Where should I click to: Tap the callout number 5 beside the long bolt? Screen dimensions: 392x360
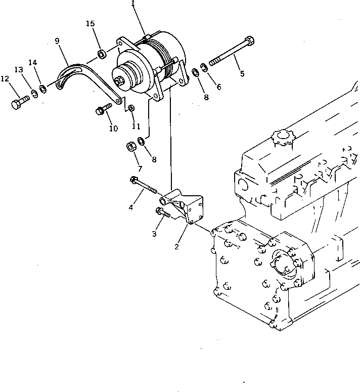pyautogui.click(x=242, y=74)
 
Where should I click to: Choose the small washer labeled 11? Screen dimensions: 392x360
pyautogui.click(x=131, y=108)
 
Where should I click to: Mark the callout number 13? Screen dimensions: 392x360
pyautogui.click(x=19, y=69)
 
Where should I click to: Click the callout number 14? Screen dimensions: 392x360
pyautogui.click(x=33, y=63)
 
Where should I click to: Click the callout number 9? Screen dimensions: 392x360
pyautogui.click(x=57, y=40)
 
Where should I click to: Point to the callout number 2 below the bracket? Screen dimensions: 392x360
pyautogui.click(x=176, y=247)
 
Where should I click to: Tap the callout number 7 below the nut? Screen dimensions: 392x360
pyautogui.click(x=139, y=168)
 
